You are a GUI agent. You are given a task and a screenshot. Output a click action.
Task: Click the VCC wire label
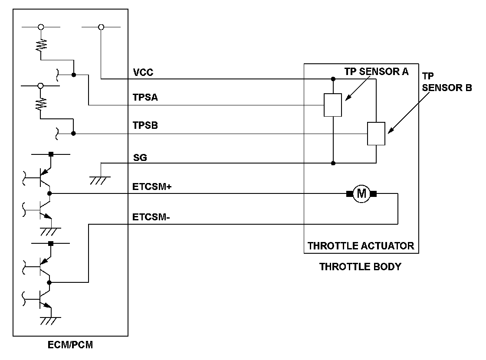tap(143, 73)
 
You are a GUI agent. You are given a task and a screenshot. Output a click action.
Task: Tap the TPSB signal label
tap(145, 126)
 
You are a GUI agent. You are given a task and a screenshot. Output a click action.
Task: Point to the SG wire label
tap(140, 158)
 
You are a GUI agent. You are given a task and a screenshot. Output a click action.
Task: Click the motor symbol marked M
tap(361, 194)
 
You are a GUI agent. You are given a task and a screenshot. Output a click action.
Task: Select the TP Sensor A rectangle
tap(333, 105)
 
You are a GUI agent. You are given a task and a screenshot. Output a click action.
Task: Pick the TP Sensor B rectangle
tap(376, 134)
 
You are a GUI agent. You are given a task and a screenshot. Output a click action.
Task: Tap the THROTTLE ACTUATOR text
tap(361, 246)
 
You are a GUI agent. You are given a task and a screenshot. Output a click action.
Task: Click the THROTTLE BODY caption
tap(360, 267)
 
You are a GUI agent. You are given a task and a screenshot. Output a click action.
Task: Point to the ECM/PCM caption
tap(70, 346)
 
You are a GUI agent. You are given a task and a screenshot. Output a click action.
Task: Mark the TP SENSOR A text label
tap(376, 72)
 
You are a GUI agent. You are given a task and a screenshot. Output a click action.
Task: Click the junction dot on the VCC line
tap(333, 79)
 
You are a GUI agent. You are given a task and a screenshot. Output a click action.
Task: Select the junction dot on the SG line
tap(333, 164)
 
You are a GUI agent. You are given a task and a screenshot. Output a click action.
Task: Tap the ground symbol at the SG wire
tap(101, 179)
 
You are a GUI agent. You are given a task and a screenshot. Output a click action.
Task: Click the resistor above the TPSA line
tap(41, 44)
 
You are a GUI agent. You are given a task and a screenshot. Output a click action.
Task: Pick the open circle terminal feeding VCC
tap(101, 27)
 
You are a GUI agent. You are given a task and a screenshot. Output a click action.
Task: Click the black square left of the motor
tap(349, 194)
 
